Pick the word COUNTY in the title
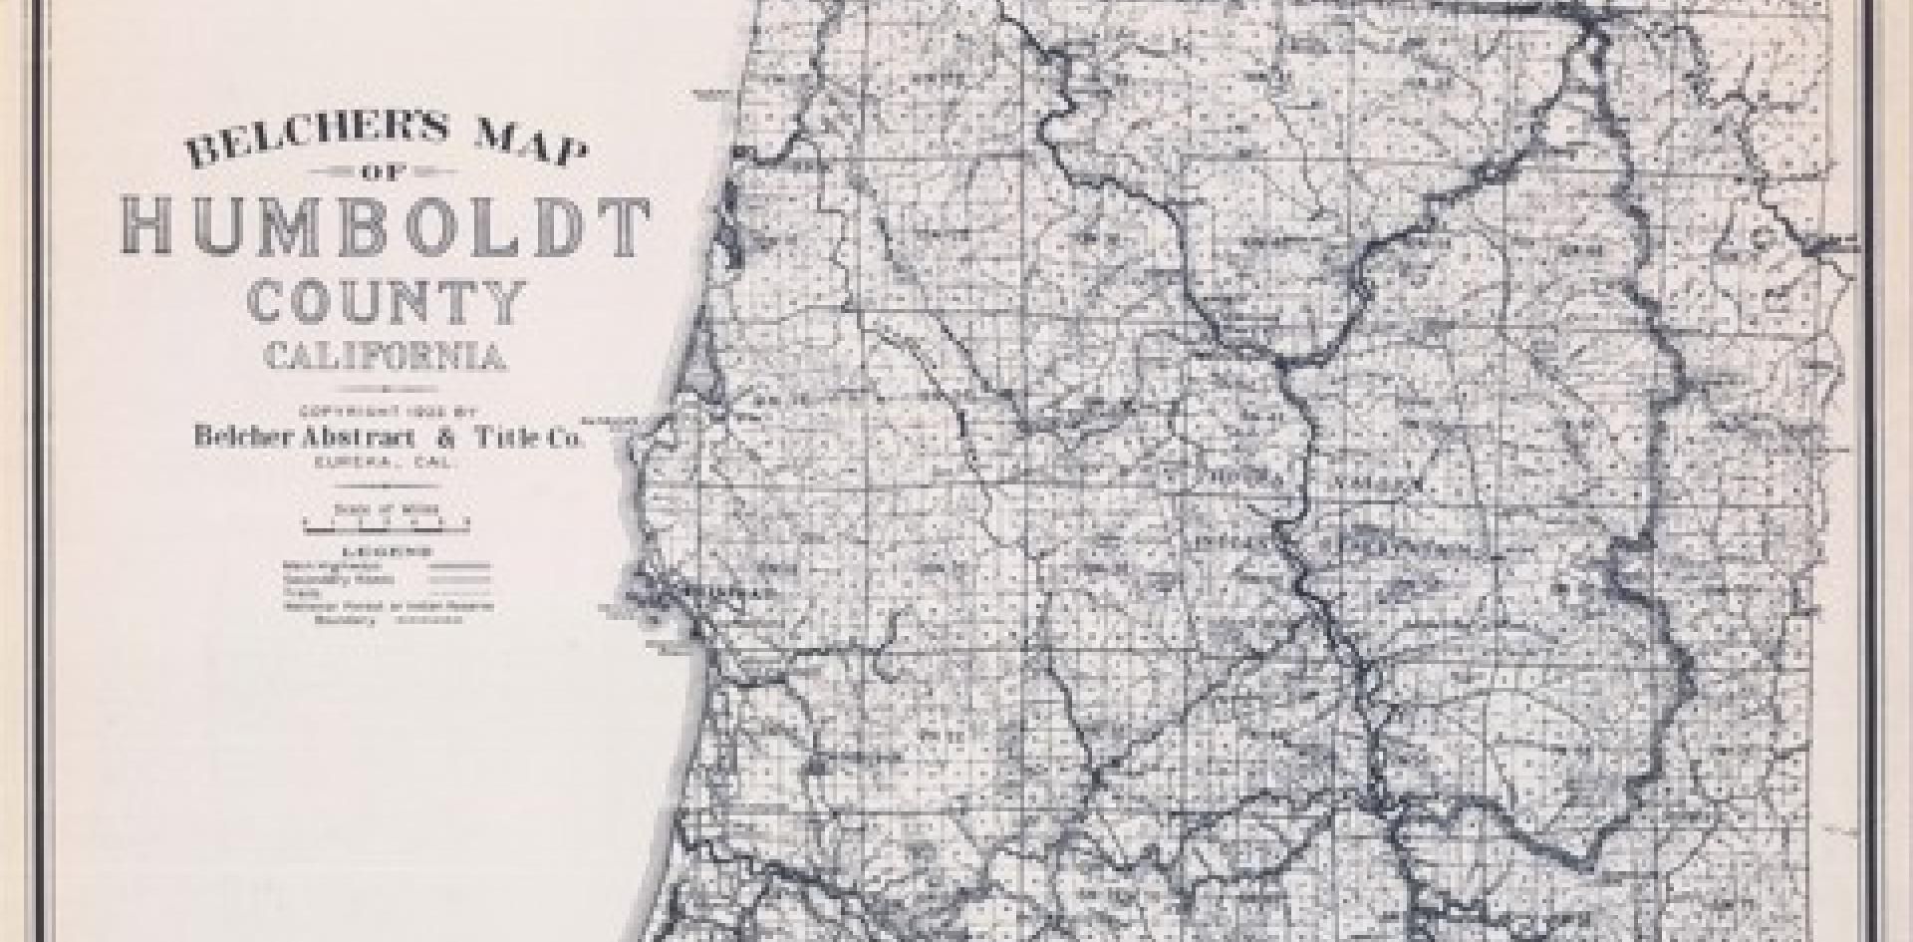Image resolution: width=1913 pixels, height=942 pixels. point(386,303)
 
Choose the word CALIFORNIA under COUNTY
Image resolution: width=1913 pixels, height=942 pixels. point(385,357)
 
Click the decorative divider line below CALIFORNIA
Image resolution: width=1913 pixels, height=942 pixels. point(385,390)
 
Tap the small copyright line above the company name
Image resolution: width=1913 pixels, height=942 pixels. point(385,412)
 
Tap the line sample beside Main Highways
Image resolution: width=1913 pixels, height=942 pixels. point(459,566)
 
